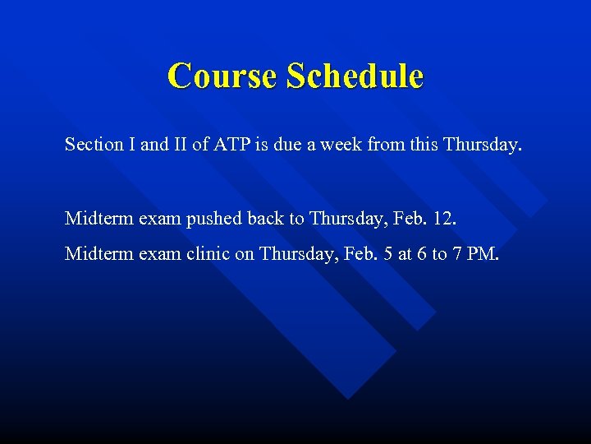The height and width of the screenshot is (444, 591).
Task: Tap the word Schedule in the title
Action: [355, 76]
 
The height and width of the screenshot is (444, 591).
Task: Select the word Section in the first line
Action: [91, 146]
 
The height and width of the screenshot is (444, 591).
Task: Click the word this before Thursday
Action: [424, 146]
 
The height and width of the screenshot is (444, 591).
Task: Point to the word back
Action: [291, 219]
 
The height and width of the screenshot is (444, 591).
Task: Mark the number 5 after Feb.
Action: [368, 254]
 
